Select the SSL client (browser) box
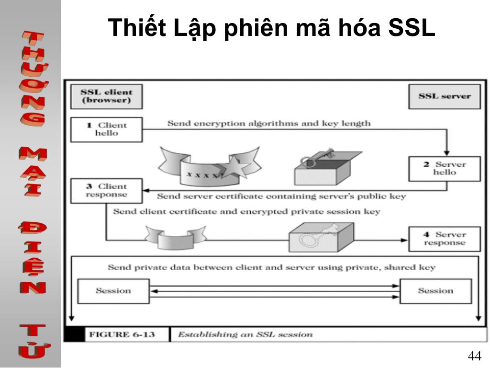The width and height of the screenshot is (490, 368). coord(106,96)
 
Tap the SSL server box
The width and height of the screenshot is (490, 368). coord(444,96)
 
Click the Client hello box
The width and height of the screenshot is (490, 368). coord(106,129)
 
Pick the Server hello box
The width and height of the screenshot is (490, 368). coord(444,168)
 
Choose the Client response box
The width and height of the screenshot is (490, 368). coord(106,191)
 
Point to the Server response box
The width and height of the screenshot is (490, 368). coord(444,239)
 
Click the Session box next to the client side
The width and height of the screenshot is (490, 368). coord(113,291)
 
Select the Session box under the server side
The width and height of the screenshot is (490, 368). coord(435,291)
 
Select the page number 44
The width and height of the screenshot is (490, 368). coord(474,356)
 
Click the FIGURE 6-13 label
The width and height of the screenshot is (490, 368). coord(122,334)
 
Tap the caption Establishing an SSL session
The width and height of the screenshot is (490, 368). coord(245,334)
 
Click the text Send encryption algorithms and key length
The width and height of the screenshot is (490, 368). coord(268,124)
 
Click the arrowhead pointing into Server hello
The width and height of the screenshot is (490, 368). coord(447,151)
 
